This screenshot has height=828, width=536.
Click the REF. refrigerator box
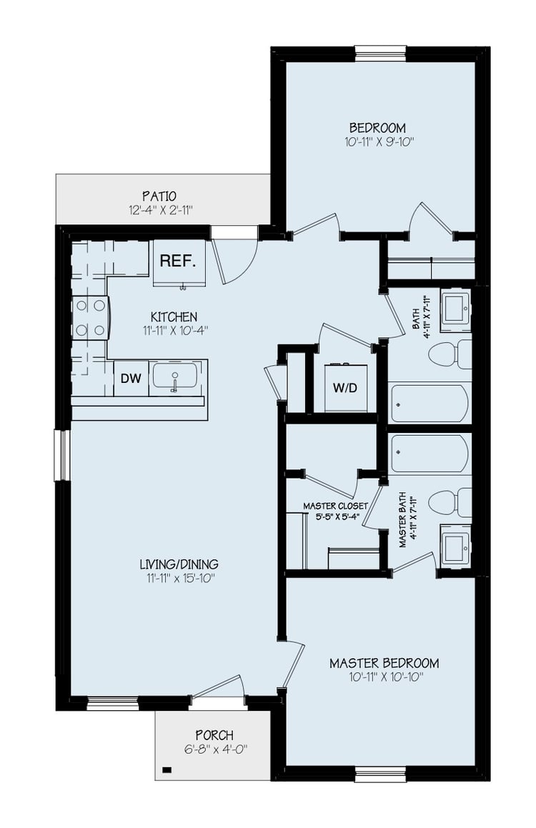[x=179, y=262]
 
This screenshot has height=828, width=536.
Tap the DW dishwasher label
[x=130, y=379]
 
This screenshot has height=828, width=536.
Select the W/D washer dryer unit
[x=344, y=389]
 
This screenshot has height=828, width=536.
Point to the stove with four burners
[x=89, y=318]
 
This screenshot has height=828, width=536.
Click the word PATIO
[x=159, y=196]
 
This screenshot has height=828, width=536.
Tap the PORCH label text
[x=214, y=735]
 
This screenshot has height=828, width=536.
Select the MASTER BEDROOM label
[x=384, y=663]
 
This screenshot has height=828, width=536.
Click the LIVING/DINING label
[x=179, y=564]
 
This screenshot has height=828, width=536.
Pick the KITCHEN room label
[x=174, y=316]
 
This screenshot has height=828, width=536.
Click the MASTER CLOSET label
[x=335, y=506]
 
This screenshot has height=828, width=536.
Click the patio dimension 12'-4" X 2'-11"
[x=159, y=210]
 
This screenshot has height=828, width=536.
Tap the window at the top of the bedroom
[x=380, y=52]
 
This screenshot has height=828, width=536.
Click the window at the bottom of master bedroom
[x=380, y=773]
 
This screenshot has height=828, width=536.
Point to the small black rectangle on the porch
[x=167, y=770]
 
